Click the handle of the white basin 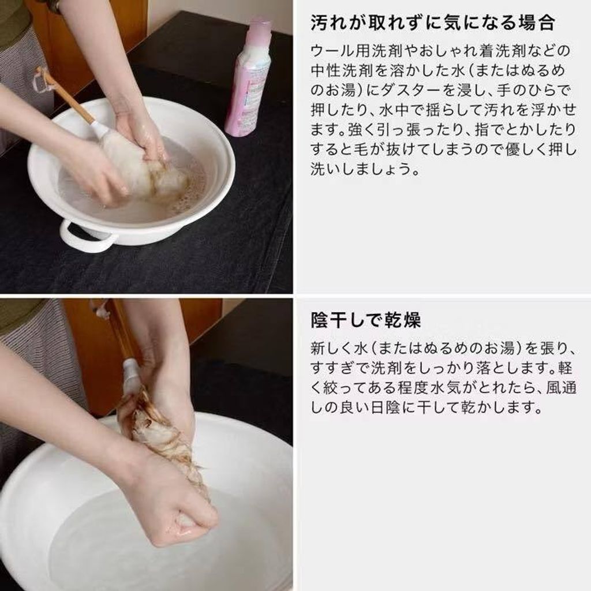point(87,236)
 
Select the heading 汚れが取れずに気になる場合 point(432,23)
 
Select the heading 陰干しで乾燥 point(365,320)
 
